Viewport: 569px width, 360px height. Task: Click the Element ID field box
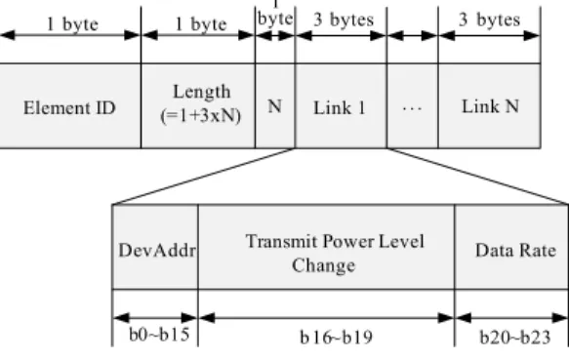point(70,105)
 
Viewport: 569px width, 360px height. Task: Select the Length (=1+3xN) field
point(198,105)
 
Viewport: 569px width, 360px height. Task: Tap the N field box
point(275,105)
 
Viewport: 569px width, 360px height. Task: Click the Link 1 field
point(342,105)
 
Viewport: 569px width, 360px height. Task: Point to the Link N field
point(490,105)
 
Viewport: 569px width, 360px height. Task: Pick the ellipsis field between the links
point(413,105)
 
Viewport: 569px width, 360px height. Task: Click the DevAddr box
point(156,247)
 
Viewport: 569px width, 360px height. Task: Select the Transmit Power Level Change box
point(327,247)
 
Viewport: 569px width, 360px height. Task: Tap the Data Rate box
point(511,247)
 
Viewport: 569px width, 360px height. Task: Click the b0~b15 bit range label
point(159,335)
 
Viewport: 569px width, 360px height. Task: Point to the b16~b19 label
point(337,338)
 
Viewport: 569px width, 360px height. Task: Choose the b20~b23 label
point(515,338)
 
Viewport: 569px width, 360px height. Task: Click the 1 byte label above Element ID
point(72,24)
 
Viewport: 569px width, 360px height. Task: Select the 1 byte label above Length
point(201,24)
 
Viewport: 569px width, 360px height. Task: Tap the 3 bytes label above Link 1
point(344,20)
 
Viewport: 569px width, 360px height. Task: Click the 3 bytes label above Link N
point(490,20)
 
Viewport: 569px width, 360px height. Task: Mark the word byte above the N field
point(275,19)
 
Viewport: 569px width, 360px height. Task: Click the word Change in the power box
point(324,265)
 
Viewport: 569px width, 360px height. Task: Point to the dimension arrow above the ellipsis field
point(413,35)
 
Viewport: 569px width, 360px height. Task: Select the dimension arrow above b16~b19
point(327,318)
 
